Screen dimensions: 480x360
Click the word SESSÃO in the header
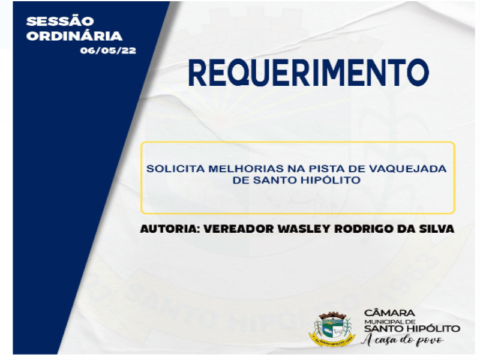[60, 21]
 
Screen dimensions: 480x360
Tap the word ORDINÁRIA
[74, 35]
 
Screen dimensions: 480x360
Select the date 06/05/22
[108, 50]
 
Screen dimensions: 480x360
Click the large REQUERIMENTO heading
[308, 73]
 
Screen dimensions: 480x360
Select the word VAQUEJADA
[408, 169]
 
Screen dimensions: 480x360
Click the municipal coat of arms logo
[332, 329]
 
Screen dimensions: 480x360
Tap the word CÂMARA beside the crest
[389, 313]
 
